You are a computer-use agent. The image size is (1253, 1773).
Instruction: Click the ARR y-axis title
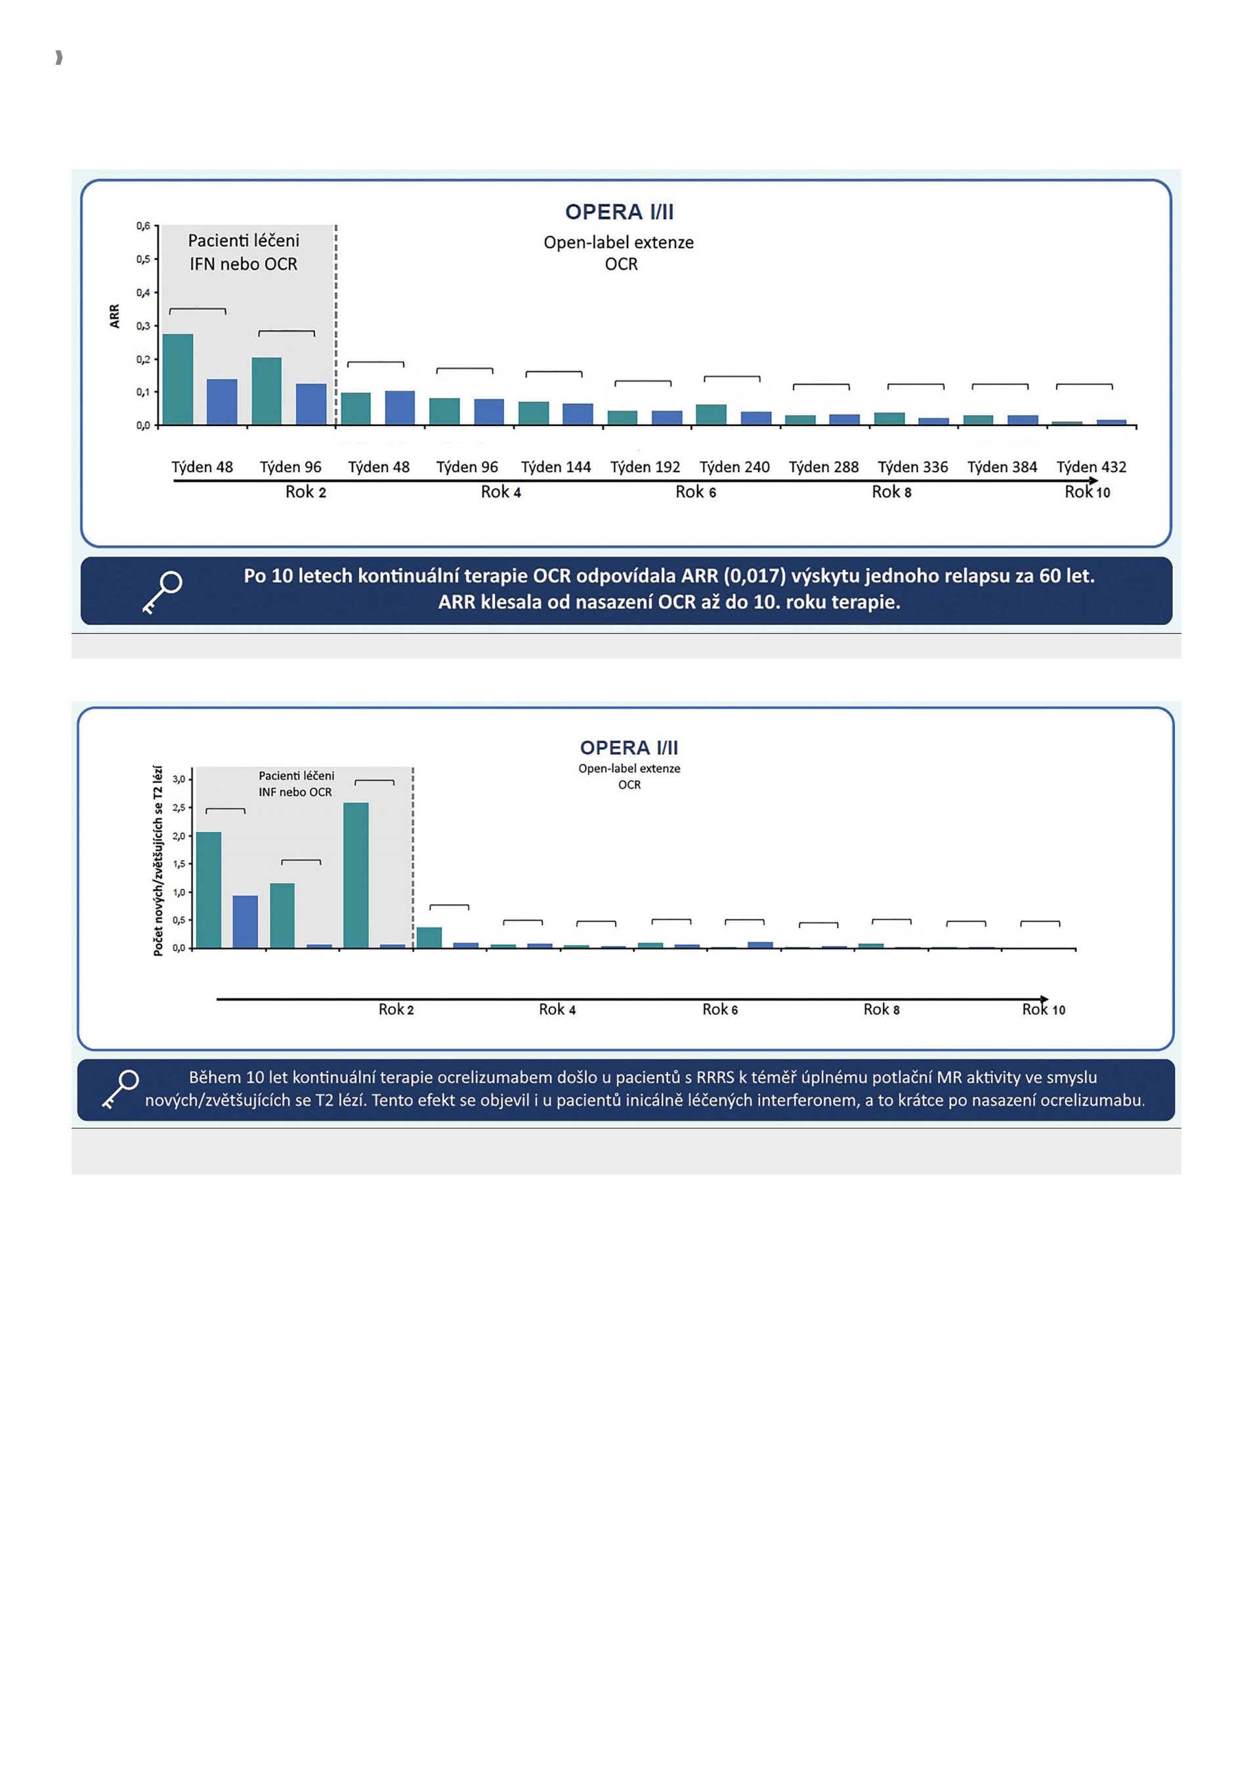pos(115,316)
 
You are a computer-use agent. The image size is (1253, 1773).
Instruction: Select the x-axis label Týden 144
pos(556,467)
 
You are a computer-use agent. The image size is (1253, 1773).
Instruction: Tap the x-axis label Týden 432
pos(1092,467)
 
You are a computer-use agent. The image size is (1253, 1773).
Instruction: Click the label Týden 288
pos(824,467)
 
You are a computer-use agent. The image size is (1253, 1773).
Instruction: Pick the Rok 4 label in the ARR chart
pos(501,492)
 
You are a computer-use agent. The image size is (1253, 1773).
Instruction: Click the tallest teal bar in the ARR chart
pos(179,379)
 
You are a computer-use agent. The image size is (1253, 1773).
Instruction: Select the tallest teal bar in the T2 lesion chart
pos(356,875)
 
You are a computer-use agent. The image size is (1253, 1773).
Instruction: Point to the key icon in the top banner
pos(162,592)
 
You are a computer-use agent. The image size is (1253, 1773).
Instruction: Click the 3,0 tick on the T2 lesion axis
pos(179,779)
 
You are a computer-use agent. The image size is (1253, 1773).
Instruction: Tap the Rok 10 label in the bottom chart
pos(1044,1009)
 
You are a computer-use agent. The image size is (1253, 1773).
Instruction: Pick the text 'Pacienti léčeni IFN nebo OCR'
pos(244,252)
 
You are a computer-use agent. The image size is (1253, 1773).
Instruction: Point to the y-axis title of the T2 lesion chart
pos(158,861)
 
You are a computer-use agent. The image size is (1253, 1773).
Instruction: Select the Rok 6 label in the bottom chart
pos(720,1009)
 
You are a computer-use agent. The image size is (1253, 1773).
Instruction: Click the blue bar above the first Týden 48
pos(223,401)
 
